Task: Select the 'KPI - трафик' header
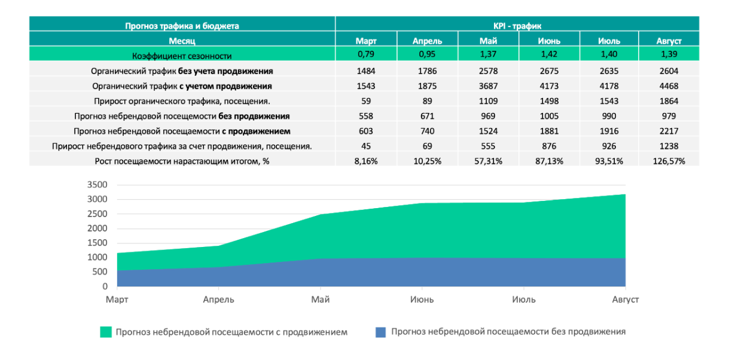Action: pyautogui.click(x=517, y=26)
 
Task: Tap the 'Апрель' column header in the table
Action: pyautogui.click(x=427, y=41)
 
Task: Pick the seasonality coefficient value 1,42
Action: pyautogui.click(x=548, y=55)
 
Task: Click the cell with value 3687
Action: pyautogui.click(x=488, y=86)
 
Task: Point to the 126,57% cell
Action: pyautogui.click(x=669, y=160)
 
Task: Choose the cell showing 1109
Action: pyautogui.click(x=488, y=100)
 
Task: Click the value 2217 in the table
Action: pyautogui.click(x=669, y=130)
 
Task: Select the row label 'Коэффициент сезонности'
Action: pyautogui.click(x=182, y=56)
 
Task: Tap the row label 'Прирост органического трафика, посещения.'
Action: pyautogui.click(x=182, y=100)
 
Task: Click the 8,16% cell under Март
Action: pyautogui.click(x=366, y=160)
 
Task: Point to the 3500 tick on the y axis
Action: pyautogui.click(x=97, y=185)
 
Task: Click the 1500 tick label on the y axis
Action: pyautogui.click(x=97, y=243)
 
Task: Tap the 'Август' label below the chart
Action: pyautogui.click(x=626, y=299)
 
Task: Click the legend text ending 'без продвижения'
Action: pyautogui.click(x=508, y=331)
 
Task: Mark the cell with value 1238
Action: pyautogui.click(x=669, y=145)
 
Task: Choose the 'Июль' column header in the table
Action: pyautogui.click(x=609, y=41)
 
